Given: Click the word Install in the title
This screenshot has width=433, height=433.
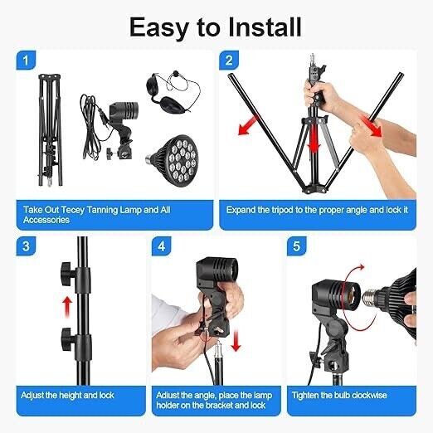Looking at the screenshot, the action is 265,27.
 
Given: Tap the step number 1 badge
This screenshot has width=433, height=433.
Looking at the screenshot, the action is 26,61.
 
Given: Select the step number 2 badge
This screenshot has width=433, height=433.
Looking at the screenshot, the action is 229,61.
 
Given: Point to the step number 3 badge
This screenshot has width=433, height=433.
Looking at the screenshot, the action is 26,246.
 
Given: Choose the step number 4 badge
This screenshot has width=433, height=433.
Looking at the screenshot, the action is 162,246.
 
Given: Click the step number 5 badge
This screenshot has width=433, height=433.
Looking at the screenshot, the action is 297,246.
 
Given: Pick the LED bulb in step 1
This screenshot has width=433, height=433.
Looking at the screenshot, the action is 172,161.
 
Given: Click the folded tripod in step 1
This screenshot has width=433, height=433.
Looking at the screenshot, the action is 50,130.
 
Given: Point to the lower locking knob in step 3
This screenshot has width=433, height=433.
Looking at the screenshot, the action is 68,339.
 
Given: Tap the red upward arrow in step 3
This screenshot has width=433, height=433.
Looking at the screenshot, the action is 67,307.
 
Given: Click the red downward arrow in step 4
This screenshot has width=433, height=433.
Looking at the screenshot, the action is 236,341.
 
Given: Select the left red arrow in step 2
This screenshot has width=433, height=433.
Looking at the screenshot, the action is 248,125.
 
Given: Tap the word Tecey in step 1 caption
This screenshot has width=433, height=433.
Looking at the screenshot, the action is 73,210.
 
